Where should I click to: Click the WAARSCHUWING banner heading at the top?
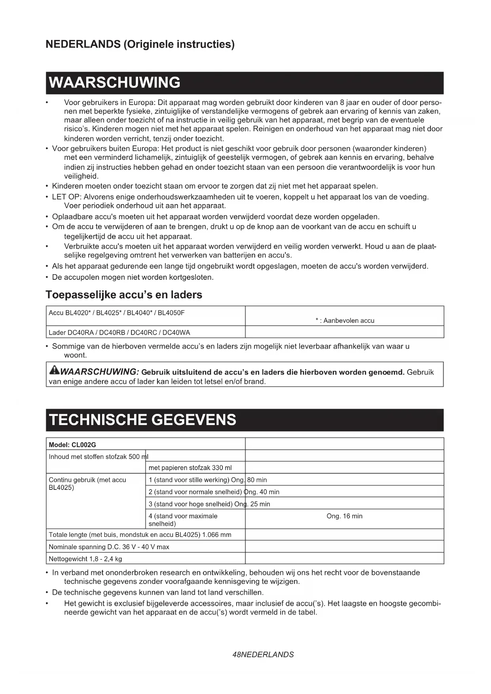(x=114, y=83)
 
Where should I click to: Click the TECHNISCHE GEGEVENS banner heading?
(x=142, y=420)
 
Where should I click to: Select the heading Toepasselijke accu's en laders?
(x=124, y=295)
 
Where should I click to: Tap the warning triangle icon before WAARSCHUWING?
(x=54, y=370)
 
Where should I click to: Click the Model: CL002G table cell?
(x=72, y=445)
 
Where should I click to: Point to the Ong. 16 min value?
(x=344, y=516)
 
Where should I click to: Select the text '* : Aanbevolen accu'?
(x=345, y=320)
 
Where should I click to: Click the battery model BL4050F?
(x=171, y=313)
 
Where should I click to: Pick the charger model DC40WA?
(x=176, y=333)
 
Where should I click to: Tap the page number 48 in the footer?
(x=237, y=654)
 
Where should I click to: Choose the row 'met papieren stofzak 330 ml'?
(x=190, y=468)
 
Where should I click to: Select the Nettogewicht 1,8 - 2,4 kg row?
(x=85, y=559)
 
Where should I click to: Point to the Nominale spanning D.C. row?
(x=109, y=547)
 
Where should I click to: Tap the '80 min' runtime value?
(x=258, y=480)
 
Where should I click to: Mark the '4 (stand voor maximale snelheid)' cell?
(x=183, y=520)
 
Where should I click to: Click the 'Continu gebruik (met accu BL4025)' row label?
(x=87, y=484)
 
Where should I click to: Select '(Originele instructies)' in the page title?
(x=179, y=44)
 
